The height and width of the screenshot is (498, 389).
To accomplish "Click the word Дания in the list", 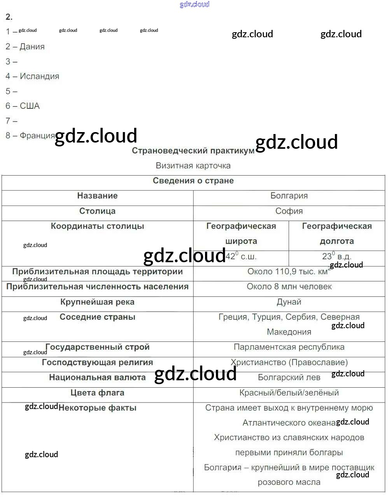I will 32,47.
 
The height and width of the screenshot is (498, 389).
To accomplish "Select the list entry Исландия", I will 39,77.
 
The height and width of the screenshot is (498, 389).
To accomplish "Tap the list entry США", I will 30,106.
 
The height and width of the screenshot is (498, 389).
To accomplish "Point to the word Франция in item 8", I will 37,136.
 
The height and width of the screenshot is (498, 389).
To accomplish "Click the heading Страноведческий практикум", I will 193,151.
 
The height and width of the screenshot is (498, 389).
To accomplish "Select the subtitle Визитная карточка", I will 193,166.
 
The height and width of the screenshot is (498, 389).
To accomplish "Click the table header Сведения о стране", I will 193,181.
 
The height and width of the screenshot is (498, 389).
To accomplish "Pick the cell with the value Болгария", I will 289,196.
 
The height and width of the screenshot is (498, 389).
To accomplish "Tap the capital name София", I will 289,211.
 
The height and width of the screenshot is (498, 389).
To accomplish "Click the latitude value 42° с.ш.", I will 241,257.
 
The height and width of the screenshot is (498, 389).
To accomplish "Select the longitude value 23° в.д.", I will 336,257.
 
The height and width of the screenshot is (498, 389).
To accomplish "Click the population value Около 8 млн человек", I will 289,287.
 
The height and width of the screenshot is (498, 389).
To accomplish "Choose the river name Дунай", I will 289,302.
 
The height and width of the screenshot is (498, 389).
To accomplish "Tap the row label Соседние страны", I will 97,317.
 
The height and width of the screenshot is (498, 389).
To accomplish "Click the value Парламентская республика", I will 289,347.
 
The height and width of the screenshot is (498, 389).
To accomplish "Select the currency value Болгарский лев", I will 289,378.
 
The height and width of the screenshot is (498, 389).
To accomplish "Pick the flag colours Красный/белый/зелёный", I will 289,393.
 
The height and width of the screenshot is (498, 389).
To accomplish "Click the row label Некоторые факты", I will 97,408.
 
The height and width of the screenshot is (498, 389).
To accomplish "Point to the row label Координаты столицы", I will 97,226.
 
